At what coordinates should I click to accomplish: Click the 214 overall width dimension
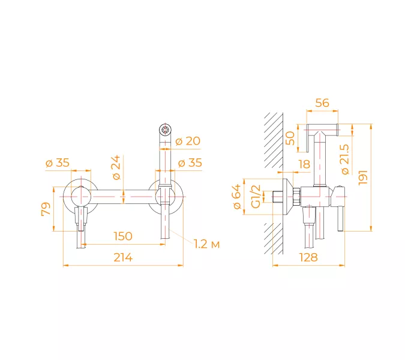(123, 257)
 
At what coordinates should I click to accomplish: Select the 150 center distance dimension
(123, 236)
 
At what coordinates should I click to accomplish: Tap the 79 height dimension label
(46, 209)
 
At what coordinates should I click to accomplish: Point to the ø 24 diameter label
(116, 167)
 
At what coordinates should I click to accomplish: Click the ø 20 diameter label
(188, 141)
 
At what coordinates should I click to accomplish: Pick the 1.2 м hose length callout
(206, 244)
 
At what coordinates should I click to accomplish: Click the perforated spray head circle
(165, 129)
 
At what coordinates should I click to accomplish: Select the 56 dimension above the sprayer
(322, 103)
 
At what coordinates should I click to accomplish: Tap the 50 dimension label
(290, 138)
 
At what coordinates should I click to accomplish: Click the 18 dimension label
(304, 164)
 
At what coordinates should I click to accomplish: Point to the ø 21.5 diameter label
(345, 160)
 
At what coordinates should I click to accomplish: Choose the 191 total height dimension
(363, 178)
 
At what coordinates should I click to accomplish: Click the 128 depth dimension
(308, 257)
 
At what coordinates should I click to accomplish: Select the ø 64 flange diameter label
(237, 197)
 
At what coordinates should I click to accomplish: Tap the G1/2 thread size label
(256, 197)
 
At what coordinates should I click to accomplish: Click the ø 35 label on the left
(58, 163)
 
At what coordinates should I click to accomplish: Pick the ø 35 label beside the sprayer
(190, 163)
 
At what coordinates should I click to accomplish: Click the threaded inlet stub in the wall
(278, 197)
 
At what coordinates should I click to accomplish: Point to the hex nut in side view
(296, 197)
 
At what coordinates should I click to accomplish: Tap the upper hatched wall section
(274, 140)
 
